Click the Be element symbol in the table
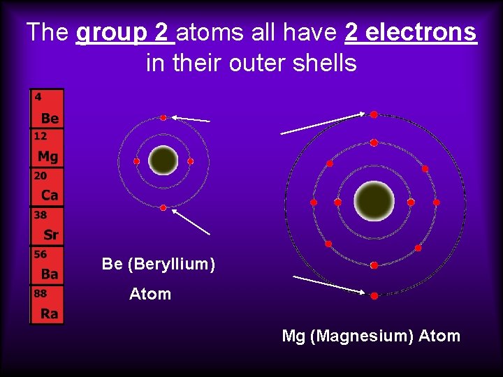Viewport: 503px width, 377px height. click(50, 118)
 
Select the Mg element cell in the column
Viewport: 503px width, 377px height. click(47, 148)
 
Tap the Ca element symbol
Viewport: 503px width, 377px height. click(50, 195)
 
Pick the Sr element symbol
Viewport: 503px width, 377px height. click(50, 235)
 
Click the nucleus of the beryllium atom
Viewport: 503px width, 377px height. click(163, 161)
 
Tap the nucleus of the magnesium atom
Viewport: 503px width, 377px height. click(374, 201)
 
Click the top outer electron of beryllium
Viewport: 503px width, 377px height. click(163, 118)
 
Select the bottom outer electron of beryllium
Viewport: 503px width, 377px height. click(163, 207)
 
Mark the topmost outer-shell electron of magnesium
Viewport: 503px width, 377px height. click(374, 114)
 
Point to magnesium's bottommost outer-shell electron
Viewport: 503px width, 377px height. click(374, 296)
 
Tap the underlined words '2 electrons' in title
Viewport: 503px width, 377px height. click(411, 32)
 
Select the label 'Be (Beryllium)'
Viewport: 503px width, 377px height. click(159, 264)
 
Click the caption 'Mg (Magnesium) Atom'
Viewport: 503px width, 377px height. click(371, 336)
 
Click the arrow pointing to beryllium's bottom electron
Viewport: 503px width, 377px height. click(191, 222)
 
